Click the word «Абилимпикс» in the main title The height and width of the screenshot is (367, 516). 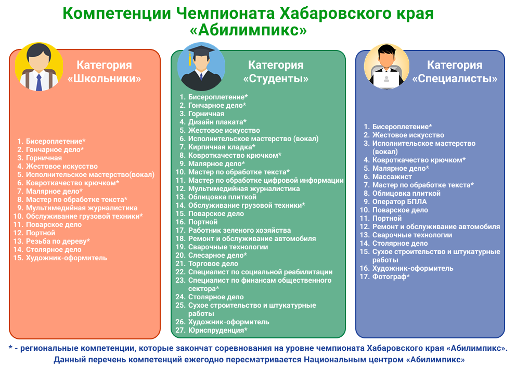248,30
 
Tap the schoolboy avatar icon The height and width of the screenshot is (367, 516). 39,67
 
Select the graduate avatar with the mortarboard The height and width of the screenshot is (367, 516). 201,67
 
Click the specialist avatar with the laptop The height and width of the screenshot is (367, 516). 386,66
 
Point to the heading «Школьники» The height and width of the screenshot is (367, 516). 105,79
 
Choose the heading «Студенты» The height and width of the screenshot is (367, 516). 276,79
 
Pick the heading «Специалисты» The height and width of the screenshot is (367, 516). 455,79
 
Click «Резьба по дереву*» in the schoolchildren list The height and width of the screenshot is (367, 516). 58,241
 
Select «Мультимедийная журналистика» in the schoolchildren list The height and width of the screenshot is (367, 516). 82,208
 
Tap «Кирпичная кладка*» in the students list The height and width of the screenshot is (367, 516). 222,147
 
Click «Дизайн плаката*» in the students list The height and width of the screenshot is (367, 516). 217,122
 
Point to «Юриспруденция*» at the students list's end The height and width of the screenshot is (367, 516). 217,330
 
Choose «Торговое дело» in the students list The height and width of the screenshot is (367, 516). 213,263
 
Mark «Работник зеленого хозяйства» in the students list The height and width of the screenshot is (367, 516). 239,230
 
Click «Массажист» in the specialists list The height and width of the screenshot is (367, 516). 392,176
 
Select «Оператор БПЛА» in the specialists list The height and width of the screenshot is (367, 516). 399,201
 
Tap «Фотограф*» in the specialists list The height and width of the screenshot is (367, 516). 391,277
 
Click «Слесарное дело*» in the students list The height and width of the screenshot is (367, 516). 217,255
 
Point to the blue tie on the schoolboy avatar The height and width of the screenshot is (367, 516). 39,82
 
